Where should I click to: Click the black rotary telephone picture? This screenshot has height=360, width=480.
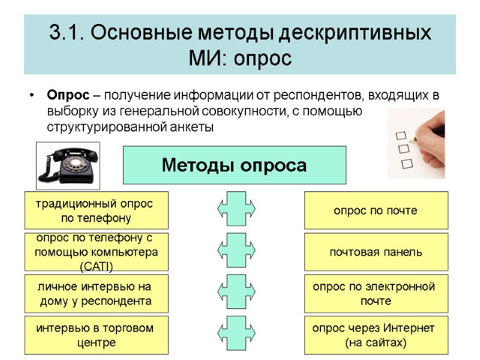(68, 164)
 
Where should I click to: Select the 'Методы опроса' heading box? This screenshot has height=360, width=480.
(235, 165)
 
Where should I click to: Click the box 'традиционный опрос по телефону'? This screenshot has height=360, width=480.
(96, 211)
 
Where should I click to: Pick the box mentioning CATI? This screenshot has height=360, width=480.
(96, 252)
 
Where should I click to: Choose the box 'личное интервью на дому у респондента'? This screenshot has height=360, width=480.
(96, 293)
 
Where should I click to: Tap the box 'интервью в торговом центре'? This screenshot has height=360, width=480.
(96, 335)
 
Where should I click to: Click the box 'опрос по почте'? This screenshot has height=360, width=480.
(376, 211)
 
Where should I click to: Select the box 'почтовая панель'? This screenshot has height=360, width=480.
(376, 252)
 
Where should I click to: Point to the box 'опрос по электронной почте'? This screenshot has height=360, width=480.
(376, 293)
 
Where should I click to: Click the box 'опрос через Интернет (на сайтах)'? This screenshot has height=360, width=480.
(376, 335)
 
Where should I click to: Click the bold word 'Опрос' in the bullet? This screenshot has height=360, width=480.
(68, 95)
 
